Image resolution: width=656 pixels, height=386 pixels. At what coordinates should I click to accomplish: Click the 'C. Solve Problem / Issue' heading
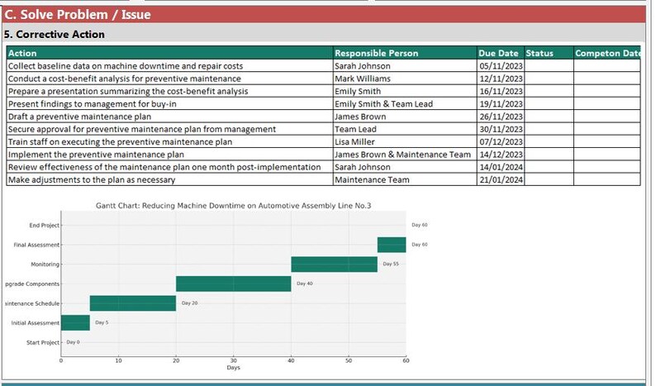[x=78, y=14]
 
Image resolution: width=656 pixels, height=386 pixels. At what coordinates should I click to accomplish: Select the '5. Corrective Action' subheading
[x=55, y=35]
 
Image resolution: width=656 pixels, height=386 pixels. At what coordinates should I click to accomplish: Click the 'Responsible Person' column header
[x=376, y=53]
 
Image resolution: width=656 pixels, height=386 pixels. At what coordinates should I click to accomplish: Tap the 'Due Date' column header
[x=498, y=53]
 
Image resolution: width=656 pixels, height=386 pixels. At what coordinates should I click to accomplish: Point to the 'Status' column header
[x=540, y=53]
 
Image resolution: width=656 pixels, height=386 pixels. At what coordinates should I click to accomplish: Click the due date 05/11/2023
[x=501, y=66]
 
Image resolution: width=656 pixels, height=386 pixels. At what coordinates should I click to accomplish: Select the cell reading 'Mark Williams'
[x=363, y=79]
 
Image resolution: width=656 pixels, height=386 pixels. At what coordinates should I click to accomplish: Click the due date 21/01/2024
[x=501, y=179]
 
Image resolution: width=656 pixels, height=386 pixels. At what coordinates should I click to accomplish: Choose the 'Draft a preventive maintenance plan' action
[x=79, y=117]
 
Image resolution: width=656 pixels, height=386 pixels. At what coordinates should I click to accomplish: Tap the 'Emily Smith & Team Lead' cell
[x=383, y=104]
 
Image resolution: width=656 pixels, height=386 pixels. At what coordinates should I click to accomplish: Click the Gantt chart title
[x=233, y=205]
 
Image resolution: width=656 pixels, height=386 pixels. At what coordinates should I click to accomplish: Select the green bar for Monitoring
[x=334, y=264]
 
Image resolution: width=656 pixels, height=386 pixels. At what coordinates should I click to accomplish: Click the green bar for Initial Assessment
[x=75, y=323]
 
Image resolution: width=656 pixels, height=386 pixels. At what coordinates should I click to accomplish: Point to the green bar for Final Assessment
[x=392, y=245]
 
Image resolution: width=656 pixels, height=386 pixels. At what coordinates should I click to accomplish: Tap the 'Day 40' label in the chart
[x=304, y=284]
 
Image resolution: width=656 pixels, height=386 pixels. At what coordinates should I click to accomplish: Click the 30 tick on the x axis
[x=234, y=360]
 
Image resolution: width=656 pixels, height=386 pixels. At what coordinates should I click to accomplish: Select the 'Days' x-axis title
[x=234, y=368]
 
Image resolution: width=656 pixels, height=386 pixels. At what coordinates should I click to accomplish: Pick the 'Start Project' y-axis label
[x=43, y=342]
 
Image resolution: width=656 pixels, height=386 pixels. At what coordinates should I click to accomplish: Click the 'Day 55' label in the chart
[x=390, y=264]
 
